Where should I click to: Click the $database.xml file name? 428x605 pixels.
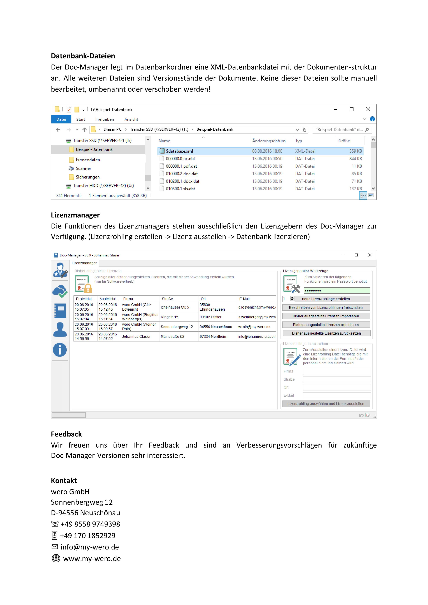(179, 151)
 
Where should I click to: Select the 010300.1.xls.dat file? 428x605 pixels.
(180, 189)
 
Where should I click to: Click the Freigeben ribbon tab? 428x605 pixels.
(105, 119)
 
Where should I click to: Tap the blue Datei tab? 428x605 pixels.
(61, 119)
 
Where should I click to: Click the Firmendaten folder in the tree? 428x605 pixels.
(88, 160)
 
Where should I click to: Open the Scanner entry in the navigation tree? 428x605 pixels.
(83, 168)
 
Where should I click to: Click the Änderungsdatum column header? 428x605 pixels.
(269, 141)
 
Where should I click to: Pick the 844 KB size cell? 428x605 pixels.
(356, 159)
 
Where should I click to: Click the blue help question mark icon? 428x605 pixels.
(372, 119)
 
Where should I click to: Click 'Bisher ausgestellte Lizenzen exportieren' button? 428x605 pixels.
(326, 325)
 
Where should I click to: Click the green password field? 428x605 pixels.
(337, 291)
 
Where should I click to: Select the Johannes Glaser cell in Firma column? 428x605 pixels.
(136, 336)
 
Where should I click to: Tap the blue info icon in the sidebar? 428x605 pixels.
(60, 350)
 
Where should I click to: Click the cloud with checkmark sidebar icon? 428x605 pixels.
(60, 291)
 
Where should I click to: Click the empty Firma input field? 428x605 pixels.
(337, 371)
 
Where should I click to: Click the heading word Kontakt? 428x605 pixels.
(64, 481)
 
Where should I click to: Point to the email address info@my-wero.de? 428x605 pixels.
(90, 547)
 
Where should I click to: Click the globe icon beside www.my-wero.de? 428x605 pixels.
(56, 559)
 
